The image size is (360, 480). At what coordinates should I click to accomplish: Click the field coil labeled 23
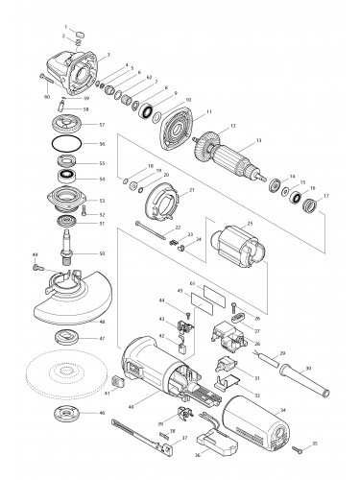[246, 247]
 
